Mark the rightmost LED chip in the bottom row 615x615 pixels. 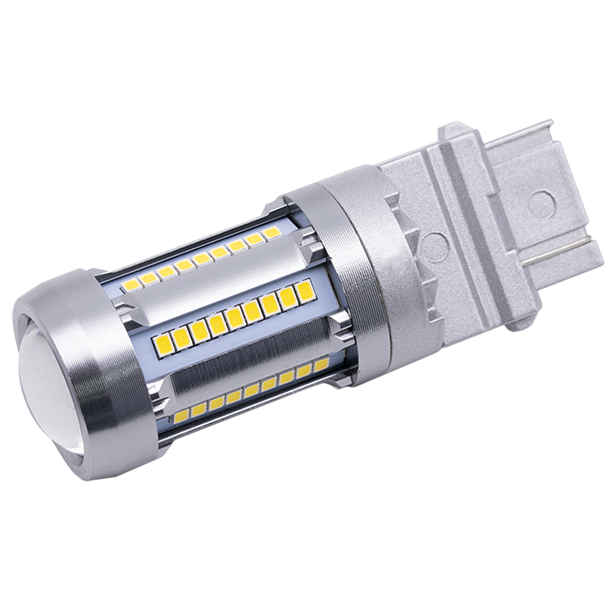[x=319, y=363]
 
